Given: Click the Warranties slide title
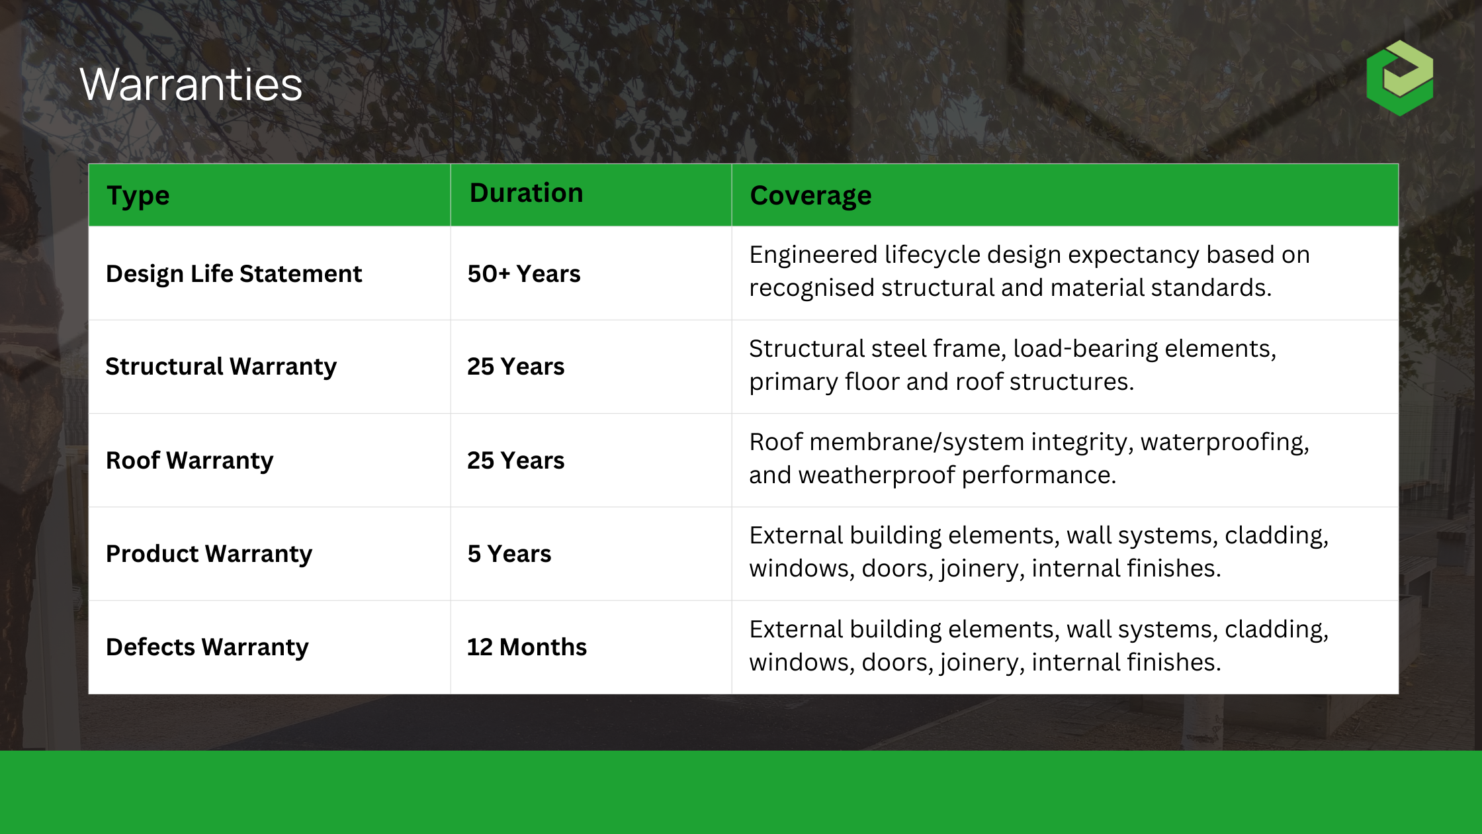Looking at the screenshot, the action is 191,85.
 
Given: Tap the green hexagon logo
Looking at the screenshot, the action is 1399,78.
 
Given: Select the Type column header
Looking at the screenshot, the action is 138,196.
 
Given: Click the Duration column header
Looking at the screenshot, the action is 526,193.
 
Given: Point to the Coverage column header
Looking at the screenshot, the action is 810,196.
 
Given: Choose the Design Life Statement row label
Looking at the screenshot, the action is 234,274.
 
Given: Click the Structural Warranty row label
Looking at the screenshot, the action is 221,367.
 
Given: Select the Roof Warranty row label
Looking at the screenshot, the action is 189,461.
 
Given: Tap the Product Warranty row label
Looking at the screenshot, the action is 208,554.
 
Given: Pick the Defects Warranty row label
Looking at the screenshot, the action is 207,647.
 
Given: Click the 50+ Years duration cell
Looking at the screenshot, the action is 523,274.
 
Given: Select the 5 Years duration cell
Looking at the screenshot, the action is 509,554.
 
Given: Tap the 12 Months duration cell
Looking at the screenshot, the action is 527,647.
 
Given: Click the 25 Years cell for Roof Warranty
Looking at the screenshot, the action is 515,461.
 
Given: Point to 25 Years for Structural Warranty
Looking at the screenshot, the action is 515,367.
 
